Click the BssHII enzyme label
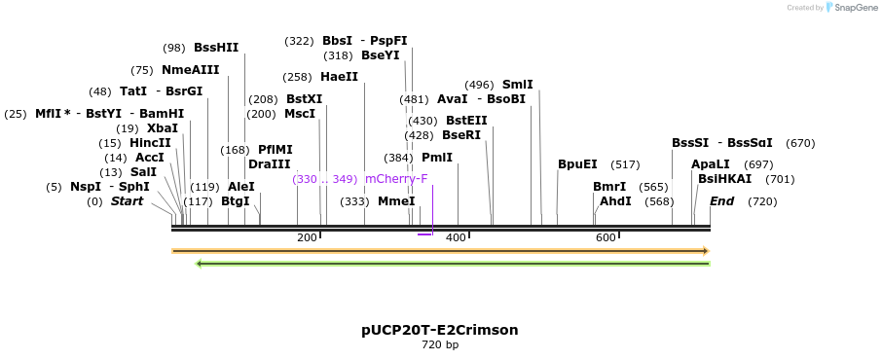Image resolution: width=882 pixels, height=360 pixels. pyautogui.click(x=216, y=47)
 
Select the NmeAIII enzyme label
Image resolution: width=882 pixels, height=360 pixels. pyautogui.click(x=191, y=69)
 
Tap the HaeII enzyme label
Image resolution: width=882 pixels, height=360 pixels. pyautogui.click(x=339, y=77)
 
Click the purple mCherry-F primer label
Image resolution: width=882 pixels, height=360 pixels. pyautogui.click(x=396, y=179)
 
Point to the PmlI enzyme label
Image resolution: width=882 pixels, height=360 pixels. pyautogui.click(x=437, y=157)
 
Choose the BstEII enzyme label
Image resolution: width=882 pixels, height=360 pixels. pyautogui.click(x=466, y=121)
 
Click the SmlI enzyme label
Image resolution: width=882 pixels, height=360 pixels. pyautogui.click(x=517, y=85)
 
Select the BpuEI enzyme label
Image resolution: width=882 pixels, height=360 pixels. pyautogui.click(x=577, y=164)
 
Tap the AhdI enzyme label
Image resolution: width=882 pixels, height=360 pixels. pyautogui.click(x=615, y=201)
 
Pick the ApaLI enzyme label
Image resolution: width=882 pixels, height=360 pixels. pyautogui.click(x=710, y=164)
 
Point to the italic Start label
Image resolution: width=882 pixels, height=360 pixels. pyautogui.click(x=127, y=201)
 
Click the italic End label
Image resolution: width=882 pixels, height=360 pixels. pyautogui.click(x=721, y=201)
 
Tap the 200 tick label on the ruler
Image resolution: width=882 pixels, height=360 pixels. pyautogui.click(x=307, y=238)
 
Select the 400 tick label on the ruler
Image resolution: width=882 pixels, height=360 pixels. pyautogui.click(x=456, y=238)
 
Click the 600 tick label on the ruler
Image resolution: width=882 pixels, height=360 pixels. pyautogui.click(x=606, y=238)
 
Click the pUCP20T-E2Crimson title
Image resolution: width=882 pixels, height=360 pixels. pyautogui.click(x=439, y=330)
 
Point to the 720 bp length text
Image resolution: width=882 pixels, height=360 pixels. pyautogui.click(x=440, y=344)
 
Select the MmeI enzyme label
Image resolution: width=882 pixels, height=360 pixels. pyautogui.click(x=396, y=201)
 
